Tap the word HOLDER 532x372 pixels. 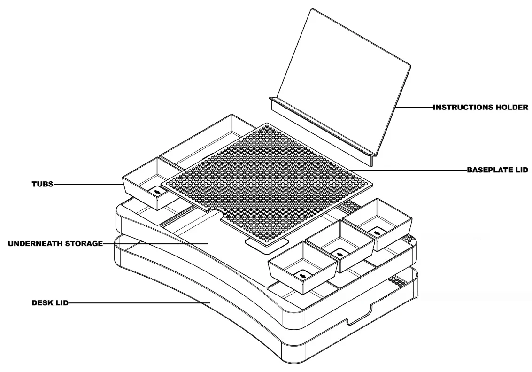tap(513, 108)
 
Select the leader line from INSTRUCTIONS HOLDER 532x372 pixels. tap(413, 108)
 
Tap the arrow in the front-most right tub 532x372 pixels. tap(303, 276)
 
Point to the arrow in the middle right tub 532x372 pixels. tap(340, 254)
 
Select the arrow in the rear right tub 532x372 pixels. tap(377, 232)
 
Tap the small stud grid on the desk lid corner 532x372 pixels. tap(397, 281)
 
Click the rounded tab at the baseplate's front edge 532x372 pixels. tap(266, 243)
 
